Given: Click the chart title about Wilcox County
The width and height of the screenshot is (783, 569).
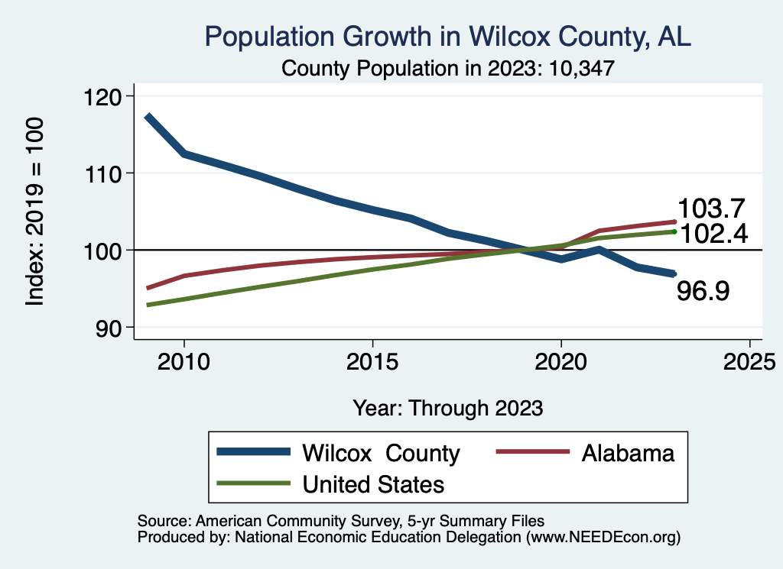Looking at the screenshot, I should (x=448, y=36).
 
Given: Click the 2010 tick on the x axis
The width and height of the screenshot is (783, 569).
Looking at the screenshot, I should (x=184, y=362).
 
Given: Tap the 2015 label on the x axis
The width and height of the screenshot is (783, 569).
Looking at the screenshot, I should (x=372, y=362).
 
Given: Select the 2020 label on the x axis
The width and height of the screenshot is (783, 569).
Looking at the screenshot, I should (x=561, y=362).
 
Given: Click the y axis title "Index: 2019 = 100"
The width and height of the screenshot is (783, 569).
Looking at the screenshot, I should (x=34, y=212).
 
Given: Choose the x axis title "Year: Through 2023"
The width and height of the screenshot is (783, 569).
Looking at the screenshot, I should (x=448, y=408).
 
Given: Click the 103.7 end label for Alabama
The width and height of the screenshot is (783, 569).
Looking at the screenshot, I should (x=712, y=209).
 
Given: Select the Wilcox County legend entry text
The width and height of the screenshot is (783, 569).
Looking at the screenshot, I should (x=381, y=453).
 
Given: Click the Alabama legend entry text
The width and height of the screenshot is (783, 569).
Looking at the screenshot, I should (x=628, y=453).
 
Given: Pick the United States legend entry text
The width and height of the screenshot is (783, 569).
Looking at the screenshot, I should (x=373, y=483).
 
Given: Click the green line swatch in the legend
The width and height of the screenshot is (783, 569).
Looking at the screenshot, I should (x=253, y=483).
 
